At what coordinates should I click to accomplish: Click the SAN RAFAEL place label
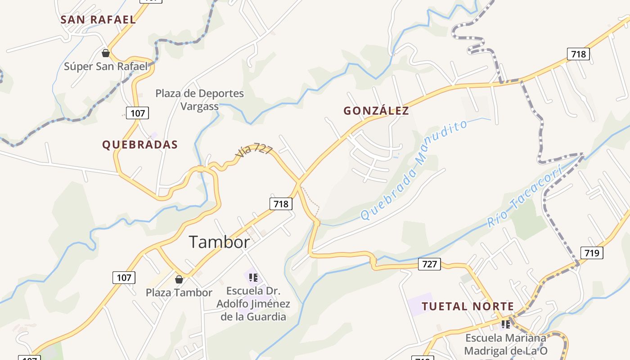pyautogui.click(x=98, y=20)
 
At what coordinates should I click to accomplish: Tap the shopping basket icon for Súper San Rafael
pyautogui.click(x=106, y=54)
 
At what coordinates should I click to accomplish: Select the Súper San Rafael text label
pyautogui.click(x=106, y=67)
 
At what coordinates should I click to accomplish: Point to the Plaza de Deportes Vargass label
pyautogui.click(x=200, y=100)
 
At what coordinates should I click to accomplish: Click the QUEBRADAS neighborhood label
pyautogui.click(x=140, y=145)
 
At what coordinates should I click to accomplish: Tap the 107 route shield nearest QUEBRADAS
pyautogui.click(x=137, y=113)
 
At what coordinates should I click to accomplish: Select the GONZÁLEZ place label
pyautogui.click(x=376, y=111)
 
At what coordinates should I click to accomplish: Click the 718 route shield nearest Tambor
pyautogui.click(x=281, y=204)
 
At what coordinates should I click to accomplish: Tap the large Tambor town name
pyautogui.click(x=219, y=243)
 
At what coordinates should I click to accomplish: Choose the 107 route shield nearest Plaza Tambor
pyautogui.click(x=124, y=278)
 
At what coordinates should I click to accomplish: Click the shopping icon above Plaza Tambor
pyautogui.click(x=179, y=279)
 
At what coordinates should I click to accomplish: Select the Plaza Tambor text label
pyautogui.click(x=179, y=293)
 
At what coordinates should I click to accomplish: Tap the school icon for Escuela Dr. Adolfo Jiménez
pyautogui.click(x=253, y=278)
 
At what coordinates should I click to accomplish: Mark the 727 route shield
pyautogui.click(x=429, y=264)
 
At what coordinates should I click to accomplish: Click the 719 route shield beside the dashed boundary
pyautogui.click(x=592, y=253)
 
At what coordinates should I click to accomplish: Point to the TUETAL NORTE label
pyautogui.click(x=468, y=307)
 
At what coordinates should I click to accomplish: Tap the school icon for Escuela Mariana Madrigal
pyautogui.click(x=506, y=324)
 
